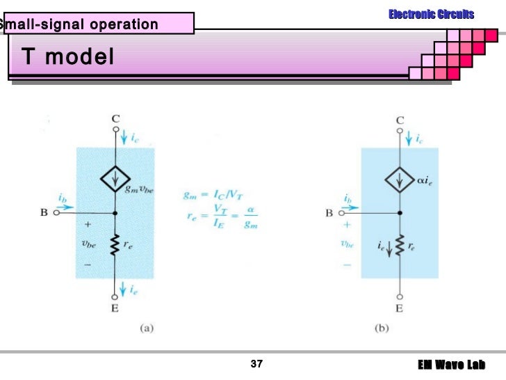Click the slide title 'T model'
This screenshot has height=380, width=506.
[x=67, y=57]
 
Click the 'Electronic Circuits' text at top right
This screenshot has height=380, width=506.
[x=431, y=14]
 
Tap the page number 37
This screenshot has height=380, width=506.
[x=256, y=365]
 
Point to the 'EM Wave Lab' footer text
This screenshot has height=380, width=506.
[x=451, y=365]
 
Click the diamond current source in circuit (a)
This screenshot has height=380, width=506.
[x=115, y=181]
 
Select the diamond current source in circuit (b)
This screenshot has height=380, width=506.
[x=400, y=181]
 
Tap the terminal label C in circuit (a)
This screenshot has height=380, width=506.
[x=115, y=119]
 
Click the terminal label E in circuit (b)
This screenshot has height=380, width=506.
[x=400, y=307]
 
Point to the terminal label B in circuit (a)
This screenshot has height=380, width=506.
[x=43, y=214]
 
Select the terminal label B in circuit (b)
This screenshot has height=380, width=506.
[x=329, y=214]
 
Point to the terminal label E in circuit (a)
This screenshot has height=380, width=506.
[x=115, y=307]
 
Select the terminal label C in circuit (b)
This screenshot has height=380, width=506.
[x=400, y=120]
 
